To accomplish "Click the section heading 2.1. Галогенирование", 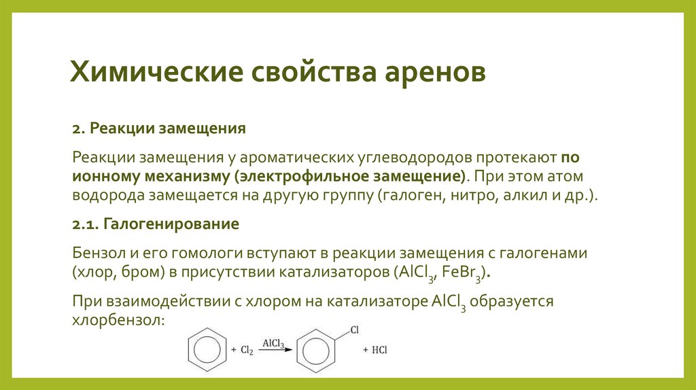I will click(156, 224).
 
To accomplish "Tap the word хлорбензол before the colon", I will click(116, 319).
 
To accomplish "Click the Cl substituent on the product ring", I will click(353, 330).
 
